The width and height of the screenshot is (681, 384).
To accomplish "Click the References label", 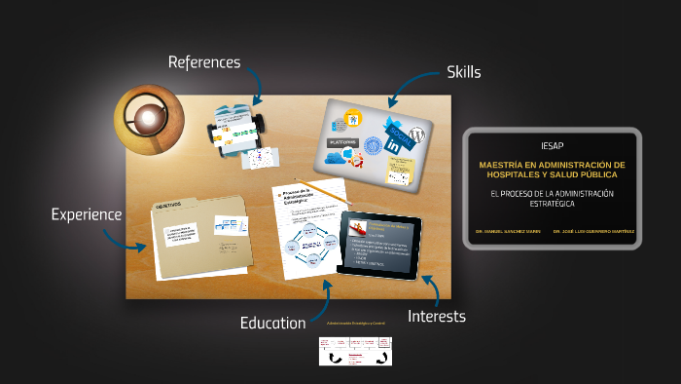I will pyautogui.click(x=203, y=62).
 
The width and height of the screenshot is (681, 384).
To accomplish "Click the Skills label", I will pyautogui.click(x=464, y=71).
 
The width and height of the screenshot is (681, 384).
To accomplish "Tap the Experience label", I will pyautogui.click(x=87, y=214).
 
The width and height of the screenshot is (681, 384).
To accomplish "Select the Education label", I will pyautogui.click(x=273, y=323).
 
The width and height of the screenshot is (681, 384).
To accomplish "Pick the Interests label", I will pyautogui.click(x=437, y=316).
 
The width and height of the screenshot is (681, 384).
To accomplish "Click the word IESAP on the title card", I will pyautogui.click(x=552, y=145).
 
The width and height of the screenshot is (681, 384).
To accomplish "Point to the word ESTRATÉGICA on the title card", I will pyautogui.click(x=552, y=205).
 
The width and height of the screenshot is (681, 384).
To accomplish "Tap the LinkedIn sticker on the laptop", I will pyautogui.click(x=394, y=144).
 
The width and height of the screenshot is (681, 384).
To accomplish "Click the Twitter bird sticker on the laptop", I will pyautogui.click(x=400, y=128).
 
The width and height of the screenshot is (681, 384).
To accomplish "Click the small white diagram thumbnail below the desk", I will pyautogui.click(x=354, y=351).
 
